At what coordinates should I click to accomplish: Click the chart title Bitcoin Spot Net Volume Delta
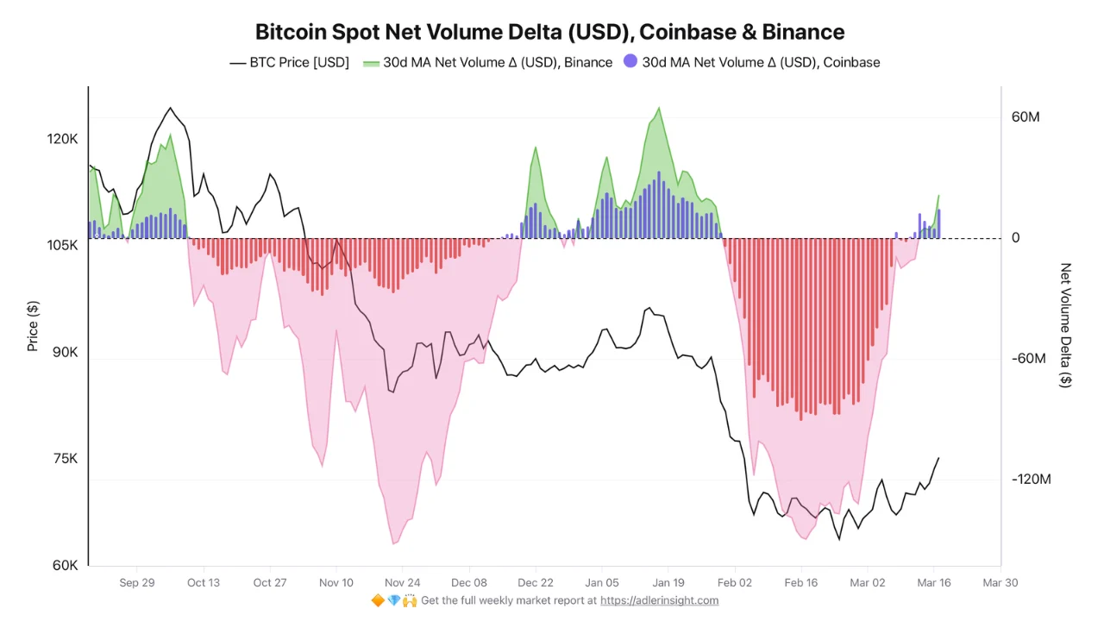tap(549, 32)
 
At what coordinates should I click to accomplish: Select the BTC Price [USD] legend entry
tap(289, 62)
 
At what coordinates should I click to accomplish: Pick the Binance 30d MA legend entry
tap(488, 62)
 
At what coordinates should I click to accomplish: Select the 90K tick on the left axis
tap(66, 352)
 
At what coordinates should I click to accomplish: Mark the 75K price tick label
tap(66, 459)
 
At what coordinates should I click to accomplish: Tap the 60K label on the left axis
tap(66, 566)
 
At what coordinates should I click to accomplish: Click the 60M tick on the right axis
tap(1026, 116)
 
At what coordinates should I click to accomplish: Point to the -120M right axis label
tap(1032, 480)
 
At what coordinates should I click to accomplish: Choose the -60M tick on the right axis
tap(1028, 359)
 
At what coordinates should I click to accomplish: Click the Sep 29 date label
tap(137, 583)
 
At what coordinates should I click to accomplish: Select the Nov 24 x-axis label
tap(403, 583)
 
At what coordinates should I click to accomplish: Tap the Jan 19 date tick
tap(668, 583)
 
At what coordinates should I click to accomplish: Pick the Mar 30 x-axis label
tap(1000, 583)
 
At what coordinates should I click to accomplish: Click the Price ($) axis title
tap(33, 325)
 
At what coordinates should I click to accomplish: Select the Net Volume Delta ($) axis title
tap(1066, 325)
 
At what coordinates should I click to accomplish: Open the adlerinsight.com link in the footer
tap(659, 600)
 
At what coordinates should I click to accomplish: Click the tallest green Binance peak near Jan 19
tap(659, 110)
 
